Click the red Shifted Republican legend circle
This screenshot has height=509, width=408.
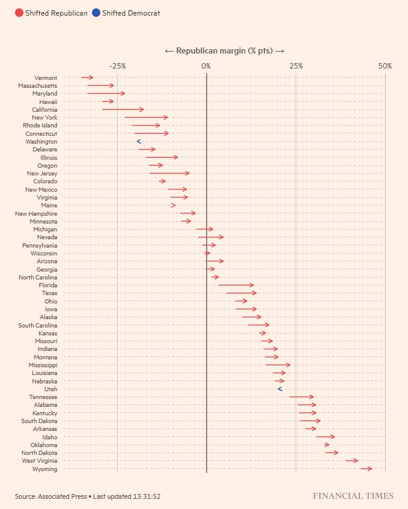pyautogui.click(x=19, y=13)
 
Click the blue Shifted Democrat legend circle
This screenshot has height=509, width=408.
pyautogui.click(x=96, y=13)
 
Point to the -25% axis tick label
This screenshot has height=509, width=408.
pyautogui.click(x=118, y=66)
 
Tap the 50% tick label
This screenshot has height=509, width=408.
pyautogui.click(x=385, y=66)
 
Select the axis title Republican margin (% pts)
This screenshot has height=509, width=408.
pyautogui.click(x=224, y=51)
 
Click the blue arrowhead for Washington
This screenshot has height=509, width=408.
pyautogui.click(x=139, y=142)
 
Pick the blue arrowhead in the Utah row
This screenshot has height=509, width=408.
pyautogui.click(x=280, y=389)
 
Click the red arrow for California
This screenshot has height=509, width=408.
pyautogui.click(x=123, y=109)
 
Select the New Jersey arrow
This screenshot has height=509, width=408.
pyautogui.click(x=169, y=173)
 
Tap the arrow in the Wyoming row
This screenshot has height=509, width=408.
pyautogui.click(x=367, y=468)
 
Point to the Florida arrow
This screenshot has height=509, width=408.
pyautogui.click(x=236, y=285)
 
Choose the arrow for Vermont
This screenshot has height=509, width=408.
pyautogui.click(x=87, y=78)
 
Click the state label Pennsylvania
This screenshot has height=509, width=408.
pyautogui.click(x=40, y=245)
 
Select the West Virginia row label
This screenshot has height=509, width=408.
pyautogui.click(x=39, y=461)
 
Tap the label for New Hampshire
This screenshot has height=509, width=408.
pyautogui.click(x=36, y=213)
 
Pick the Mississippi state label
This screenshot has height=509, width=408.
pyautogui.click(x=43, y=365)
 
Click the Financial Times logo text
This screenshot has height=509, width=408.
pyautogui.click(x=353, y=496)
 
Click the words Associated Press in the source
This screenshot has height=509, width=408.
pyautogui.click(x=62, y=496)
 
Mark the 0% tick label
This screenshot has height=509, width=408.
pyautogui.click(x=206, y=66)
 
